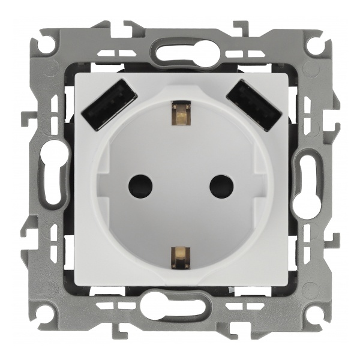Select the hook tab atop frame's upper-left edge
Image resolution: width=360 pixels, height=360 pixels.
[129, 27]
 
